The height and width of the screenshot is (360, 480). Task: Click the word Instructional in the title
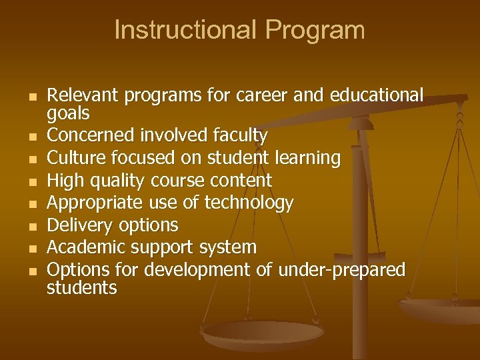click(185, 30)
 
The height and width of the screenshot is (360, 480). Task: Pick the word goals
click(68, 113)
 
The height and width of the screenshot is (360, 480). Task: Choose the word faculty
click(239, 136)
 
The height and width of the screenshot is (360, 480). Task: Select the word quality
click(117, 181)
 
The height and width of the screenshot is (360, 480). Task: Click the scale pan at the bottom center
click(263, 333)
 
